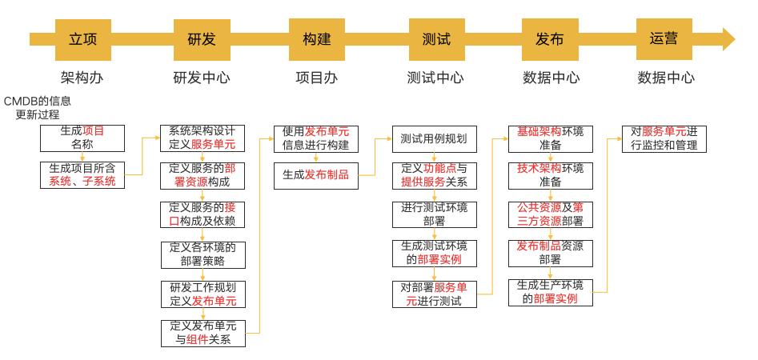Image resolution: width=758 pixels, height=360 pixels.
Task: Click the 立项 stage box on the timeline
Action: tap(82, 39)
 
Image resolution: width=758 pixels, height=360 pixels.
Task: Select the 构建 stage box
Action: tap(317, 39)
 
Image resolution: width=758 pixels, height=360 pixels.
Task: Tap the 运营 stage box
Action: tap(664, 39)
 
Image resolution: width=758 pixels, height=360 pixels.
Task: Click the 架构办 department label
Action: tap(82, 78)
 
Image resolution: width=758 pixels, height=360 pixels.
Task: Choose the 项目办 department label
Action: tap(317, 78)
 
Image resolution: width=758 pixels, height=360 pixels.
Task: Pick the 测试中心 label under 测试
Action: tap(435, 78)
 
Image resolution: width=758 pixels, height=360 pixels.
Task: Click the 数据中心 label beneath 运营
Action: tap(665, 78)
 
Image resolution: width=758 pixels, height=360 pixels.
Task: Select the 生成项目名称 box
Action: tap(82, 138)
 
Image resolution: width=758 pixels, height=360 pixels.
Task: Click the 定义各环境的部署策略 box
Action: tap(203, 254)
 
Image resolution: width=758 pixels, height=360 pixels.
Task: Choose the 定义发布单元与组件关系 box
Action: tap(203, 333)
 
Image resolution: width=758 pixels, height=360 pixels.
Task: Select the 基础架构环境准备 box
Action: tap(551, 138)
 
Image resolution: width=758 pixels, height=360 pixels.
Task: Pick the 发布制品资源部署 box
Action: tap(551, 254)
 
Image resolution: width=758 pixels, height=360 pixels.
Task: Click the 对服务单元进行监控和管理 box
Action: tap(664, 138)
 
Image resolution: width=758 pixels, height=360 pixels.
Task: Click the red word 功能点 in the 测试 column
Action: tap(439, 169)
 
